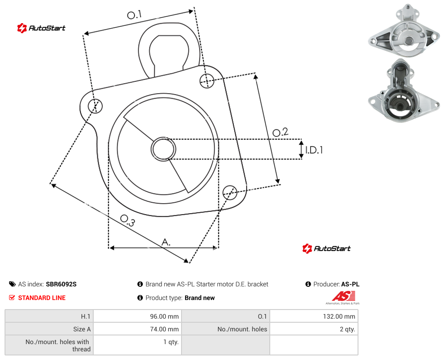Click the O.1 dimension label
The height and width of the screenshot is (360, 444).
click(134, 15)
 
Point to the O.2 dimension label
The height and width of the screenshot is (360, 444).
click(280, 132)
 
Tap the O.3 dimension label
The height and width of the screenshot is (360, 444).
click(127, 220)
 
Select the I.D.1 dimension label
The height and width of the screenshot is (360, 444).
click(314, 150)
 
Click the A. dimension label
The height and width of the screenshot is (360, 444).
click(166, 242)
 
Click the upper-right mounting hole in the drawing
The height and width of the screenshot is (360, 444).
click(207, 80)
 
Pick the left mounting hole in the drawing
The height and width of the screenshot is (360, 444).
click(95, 106)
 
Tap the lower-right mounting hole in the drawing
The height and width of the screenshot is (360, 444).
click(230, 192)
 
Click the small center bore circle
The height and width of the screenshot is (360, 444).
click(163, 149)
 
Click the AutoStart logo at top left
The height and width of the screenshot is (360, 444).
click(41, 28)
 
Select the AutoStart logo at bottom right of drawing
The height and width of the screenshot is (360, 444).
click(326, 249)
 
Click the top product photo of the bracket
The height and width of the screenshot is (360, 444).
click(404, 30)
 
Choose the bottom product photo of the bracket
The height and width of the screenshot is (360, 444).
click(404, 90)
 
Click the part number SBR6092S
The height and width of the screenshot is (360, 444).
click(61, 284)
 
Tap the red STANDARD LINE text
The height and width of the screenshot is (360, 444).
click(42, 298)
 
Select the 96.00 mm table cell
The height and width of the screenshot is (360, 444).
click(137, 316)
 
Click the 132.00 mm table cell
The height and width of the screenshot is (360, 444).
click(314, 316)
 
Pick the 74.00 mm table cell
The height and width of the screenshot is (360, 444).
click(137, 329)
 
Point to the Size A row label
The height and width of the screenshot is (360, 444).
click(82, 329)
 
